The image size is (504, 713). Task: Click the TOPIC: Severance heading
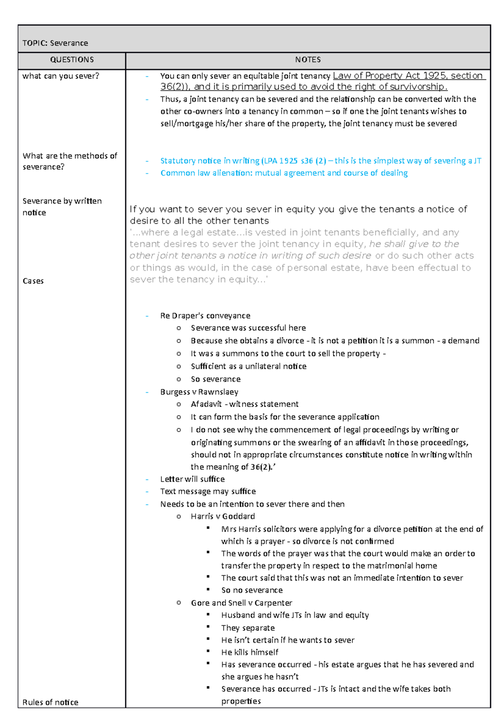coord(55,43)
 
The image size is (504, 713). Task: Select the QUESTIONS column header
coord(72,60)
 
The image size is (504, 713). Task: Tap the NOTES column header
coord(308,60)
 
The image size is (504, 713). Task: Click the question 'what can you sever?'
coord(60,76)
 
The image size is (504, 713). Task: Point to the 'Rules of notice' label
coord(50,702)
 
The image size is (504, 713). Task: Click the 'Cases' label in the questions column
coord(33,281)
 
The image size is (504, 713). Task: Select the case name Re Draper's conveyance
coord(205,316)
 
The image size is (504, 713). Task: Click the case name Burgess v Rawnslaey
coord(199,392)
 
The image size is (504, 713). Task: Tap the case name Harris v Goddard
coord(223,516)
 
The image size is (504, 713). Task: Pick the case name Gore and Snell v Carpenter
coord(241,603)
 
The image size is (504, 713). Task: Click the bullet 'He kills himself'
coord(249,652)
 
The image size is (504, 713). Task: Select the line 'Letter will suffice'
coord(192,479)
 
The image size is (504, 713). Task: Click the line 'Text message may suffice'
coord(208,491)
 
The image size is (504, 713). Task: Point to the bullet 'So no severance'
coord(252,590)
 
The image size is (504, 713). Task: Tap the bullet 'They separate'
coord(248,628)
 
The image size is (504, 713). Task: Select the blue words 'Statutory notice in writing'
coord(210,161)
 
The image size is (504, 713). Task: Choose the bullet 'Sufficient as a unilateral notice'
coord(249,366)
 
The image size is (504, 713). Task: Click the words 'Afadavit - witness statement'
coord(244,404)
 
